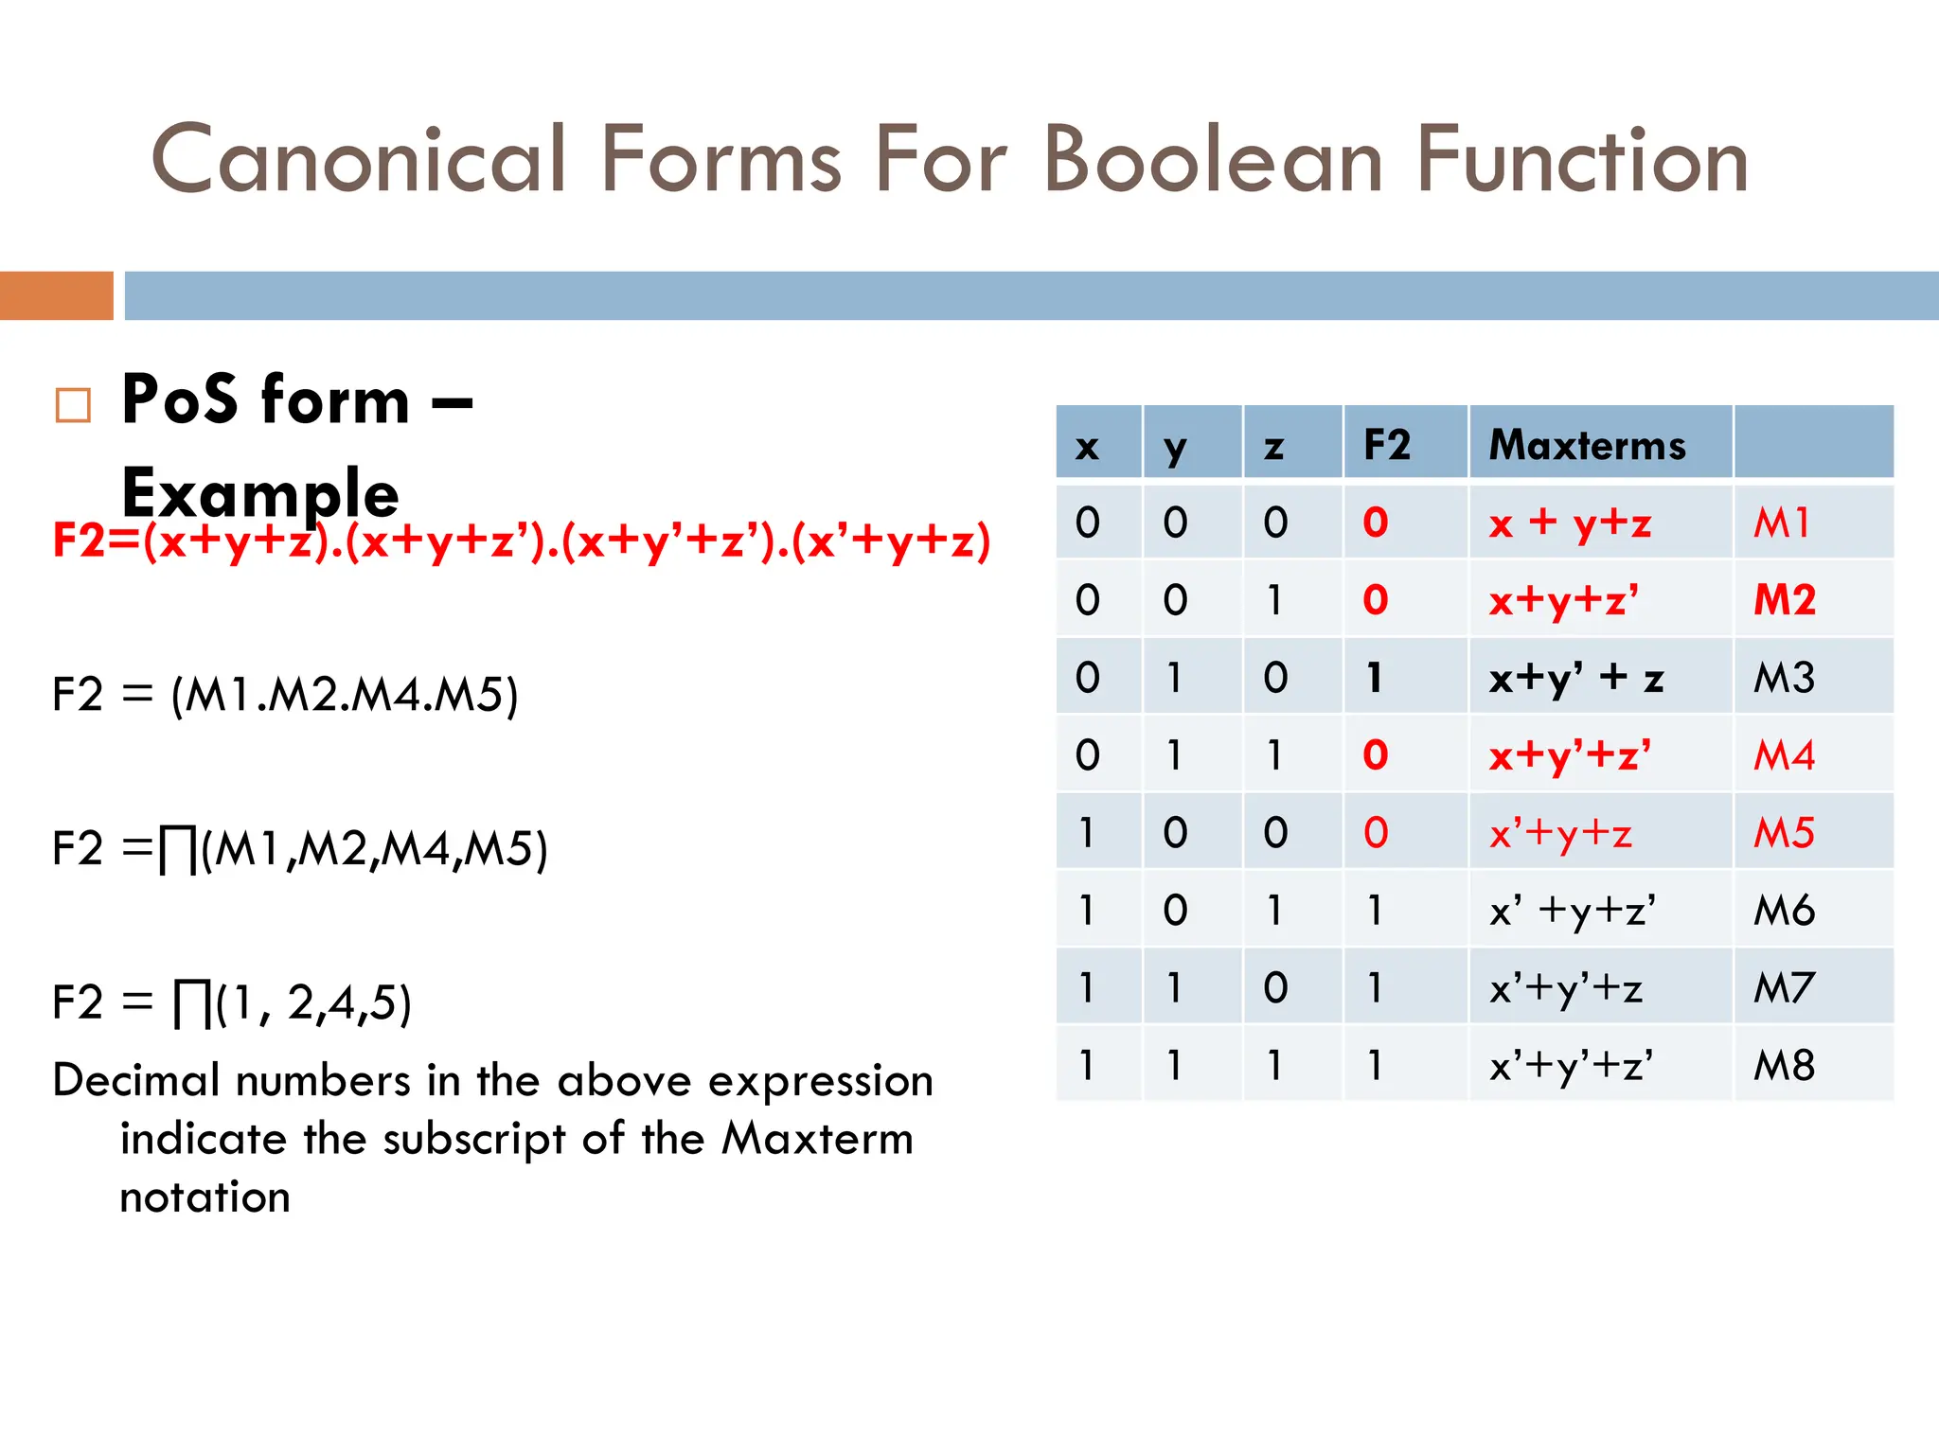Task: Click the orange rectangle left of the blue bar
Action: point(56,295)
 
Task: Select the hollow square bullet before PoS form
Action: point(73,405)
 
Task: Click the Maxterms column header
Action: point(1587,445)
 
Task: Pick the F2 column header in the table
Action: point(1386,445)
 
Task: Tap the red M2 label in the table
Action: point(1784,599)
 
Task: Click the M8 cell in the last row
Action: point(1784,1065)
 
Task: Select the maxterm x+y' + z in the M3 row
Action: point(1575,678)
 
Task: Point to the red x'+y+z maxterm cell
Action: point(1560,833)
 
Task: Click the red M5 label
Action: point(1784,833)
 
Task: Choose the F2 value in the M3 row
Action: point(1375,678)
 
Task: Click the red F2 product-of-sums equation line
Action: point(521,541)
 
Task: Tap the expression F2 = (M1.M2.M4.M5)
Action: point(285,695)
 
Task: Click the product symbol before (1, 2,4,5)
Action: point(192,1003)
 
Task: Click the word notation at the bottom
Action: point(205,1197)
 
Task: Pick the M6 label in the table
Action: point(1784,911)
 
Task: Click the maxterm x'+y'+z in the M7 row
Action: point(1565,988)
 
